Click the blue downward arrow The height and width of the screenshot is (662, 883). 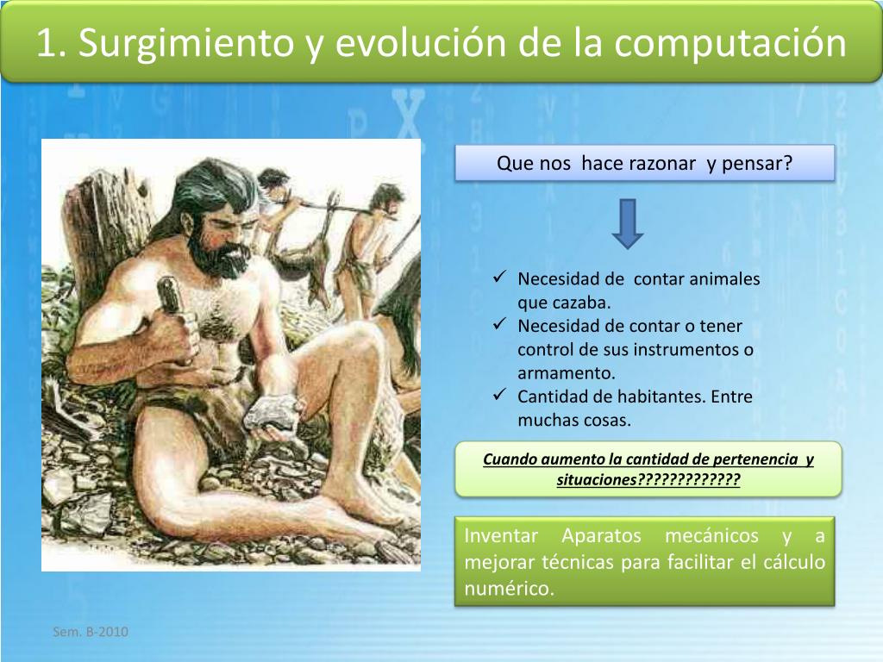(x=628, y=223)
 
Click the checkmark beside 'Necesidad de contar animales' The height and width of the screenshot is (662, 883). (x=499, y=277)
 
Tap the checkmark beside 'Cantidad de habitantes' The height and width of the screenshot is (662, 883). (x=499, y=395)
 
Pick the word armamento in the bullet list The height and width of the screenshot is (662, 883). (x=566, y=373)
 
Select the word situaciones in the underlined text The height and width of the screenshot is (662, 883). (x=597, y=479)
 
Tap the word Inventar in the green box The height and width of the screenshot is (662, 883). (x=501, y=535)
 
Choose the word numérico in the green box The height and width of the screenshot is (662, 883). (x=509, y=588)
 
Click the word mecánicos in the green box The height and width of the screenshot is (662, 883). (x=711, y=535)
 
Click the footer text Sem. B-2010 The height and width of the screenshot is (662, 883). (x=90, y=632)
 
